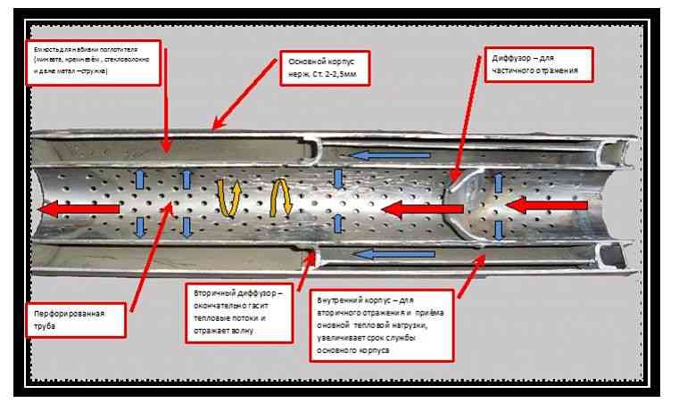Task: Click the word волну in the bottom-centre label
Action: (241, 330)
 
